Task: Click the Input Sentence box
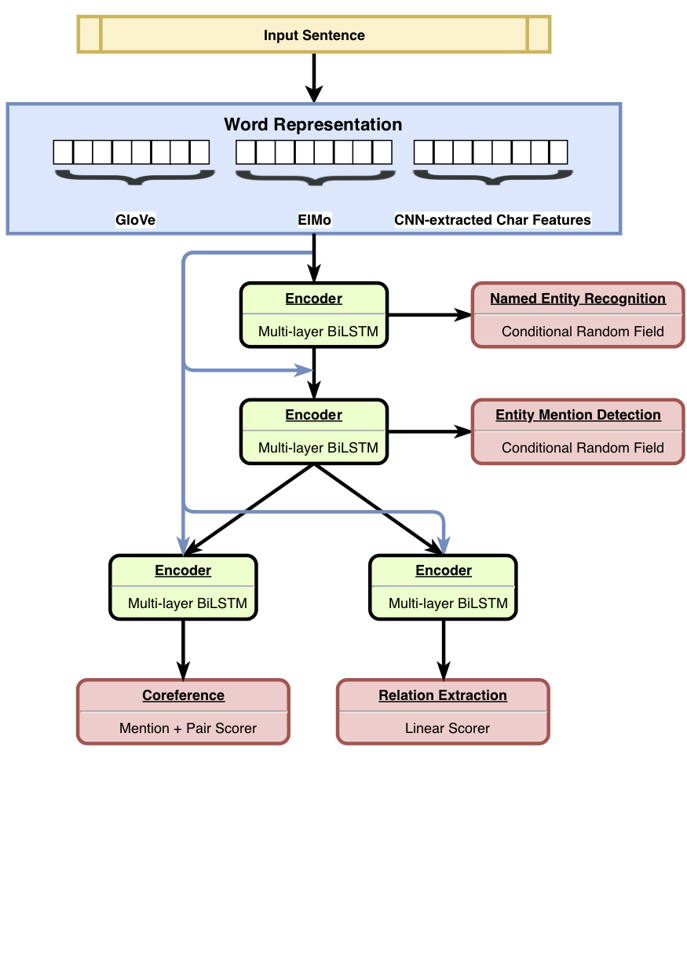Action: click(x=314, y=35)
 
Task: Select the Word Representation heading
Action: click(x=313, y=124)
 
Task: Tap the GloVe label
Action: click(x=135, y=220)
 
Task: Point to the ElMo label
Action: click(x=314, y=220)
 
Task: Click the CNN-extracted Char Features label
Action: click(x=492, y=220)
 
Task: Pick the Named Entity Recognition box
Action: click(x=578, y=314)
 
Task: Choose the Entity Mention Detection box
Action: click(x=578, y=431)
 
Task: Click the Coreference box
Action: click(x=183, y=711)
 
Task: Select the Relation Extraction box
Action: click(x=443, y=711)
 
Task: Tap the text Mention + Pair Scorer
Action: click(x=188, y=728)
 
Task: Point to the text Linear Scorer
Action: click(x=447, y=728)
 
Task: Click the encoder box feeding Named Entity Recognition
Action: click(x=314, y=314)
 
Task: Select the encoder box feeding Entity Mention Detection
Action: click(x=314, y=431)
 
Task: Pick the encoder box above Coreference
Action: click(x=183, y=587)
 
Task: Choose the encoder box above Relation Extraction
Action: click(x=444, y=587)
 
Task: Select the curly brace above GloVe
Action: click(x=133, y=178)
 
